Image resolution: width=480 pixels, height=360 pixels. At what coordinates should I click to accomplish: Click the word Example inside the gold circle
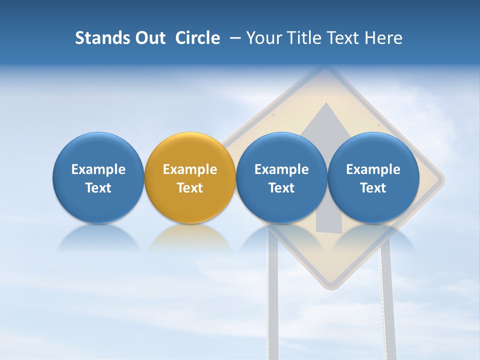click(190, 169)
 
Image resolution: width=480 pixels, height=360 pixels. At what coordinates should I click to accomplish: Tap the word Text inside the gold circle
click(190, 188)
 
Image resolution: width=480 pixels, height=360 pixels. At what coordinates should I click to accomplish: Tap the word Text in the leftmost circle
click(98, 188)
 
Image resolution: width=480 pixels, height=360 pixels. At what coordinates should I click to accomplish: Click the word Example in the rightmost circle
click(373, 169)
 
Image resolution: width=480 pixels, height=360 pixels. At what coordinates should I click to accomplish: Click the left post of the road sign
click(273, 310)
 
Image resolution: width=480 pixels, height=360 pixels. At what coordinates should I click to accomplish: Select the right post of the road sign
click(387, 310)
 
